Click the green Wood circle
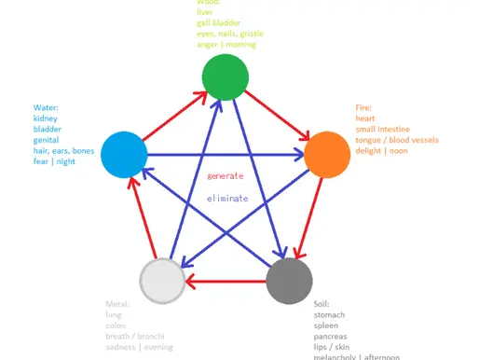(226, 76)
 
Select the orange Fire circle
(327, 154)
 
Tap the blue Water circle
(124, 153)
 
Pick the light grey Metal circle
(162, 279)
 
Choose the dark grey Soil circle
(289, 279)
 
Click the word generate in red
(225, 175)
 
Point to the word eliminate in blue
(226, 198)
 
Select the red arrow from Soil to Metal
(226, 279)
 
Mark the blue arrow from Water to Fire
(224, 154)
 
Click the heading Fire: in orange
(363, 107)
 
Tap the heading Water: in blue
(47, 107)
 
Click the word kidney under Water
(47, 118)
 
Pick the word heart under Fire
(365, 118)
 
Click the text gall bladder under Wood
(217, 22)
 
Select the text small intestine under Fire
(381, 130)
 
